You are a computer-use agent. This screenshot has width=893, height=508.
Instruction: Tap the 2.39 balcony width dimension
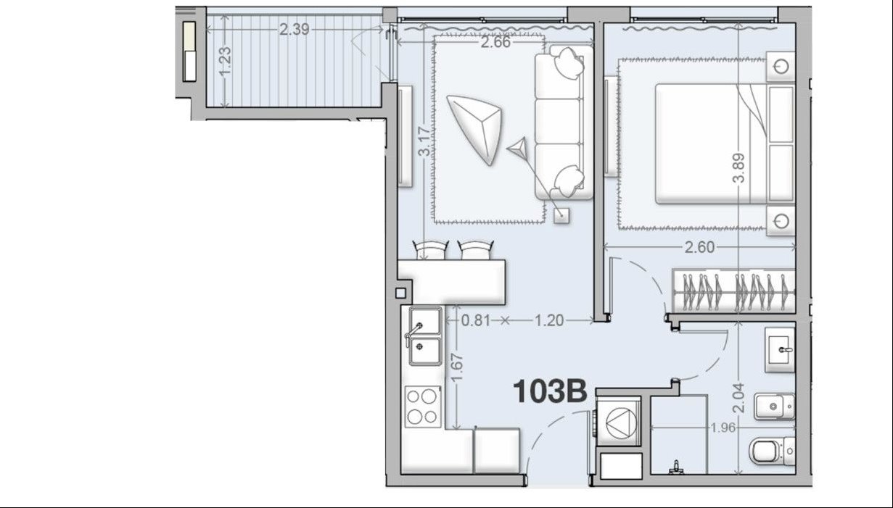295,30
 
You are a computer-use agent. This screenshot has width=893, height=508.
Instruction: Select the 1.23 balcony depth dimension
225,61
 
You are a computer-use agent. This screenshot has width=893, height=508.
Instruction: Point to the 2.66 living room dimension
495,42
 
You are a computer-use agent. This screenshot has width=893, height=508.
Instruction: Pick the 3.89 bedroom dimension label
738,168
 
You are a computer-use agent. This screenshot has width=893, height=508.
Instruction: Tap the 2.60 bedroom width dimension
699,248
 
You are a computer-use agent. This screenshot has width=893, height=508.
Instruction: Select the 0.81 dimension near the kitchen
476,320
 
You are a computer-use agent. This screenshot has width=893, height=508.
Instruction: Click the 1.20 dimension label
549,320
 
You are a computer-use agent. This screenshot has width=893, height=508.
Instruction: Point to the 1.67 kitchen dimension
457,367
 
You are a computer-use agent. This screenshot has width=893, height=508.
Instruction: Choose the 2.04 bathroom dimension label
738,398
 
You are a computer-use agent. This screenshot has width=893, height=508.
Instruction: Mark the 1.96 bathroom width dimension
723,428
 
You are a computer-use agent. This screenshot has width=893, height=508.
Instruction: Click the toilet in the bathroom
772,451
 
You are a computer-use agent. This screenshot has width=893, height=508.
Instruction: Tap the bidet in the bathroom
775,407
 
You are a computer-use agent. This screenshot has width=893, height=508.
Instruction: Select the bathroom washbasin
780,350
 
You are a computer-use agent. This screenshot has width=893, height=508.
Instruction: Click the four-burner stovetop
423,407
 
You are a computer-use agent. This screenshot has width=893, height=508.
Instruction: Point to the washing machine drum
621,422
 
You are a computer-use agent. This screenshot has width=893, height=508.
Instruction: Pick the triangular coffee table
474,129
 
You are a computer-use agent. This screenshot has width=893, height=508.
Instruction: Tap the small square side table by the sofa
561,215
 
